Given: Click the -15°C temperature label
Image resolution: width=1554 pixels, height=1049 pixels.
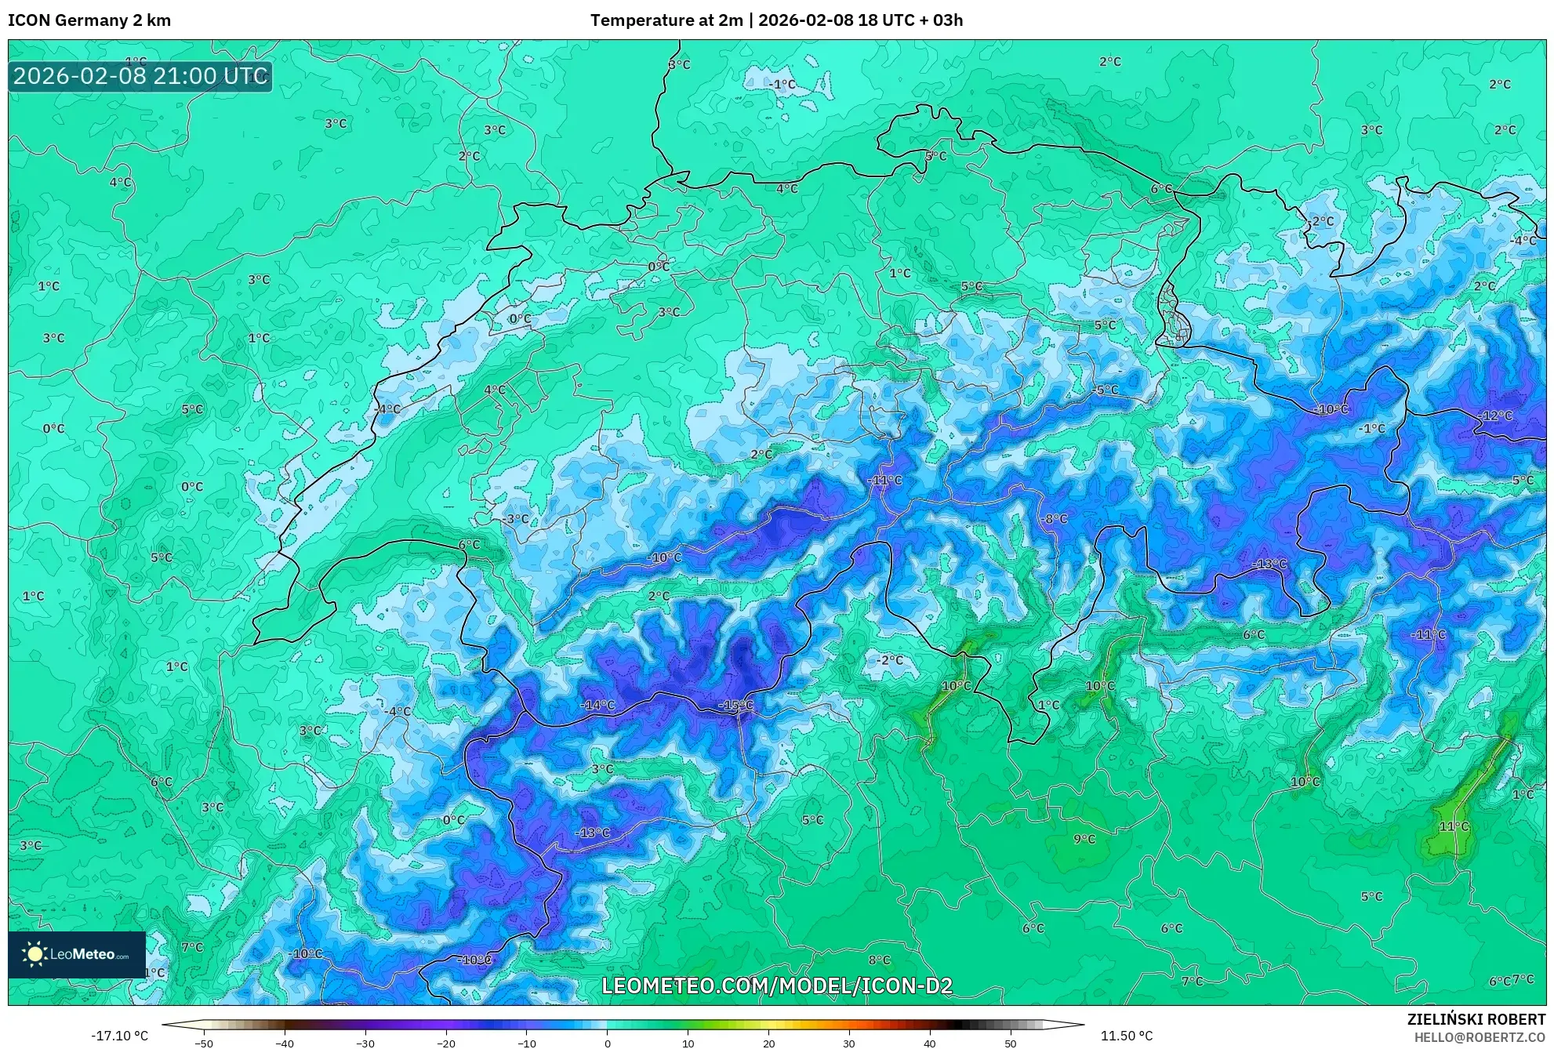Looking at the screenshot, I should point(735,706).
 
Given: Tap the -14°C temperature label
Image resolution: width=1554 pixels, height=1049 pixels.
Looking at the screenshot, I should point(597,706).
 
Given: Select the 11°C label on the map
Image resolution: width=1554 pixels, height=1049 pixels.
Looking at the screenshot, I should point(1454,826).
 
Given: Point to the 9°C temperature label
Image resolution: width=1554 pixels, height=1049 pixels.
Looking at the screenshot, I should point(1084,839).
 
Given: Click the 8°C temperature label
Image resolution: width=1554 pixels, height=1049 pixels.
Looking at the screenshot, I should point(879,960).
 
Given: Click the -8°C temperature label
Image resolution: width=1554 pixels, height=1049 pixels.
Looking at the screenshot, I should point(1055,518).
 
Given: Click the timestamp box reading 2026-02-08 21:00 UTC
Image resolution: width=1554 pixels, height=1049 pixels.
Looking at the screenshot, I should point(140,76).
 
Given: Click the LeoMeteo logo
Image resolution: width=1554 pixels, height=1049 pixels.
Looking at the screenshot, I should point(77,954).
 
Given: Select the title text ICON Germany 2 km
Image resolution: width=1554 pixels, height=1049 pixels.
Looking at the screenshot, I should point(89,20).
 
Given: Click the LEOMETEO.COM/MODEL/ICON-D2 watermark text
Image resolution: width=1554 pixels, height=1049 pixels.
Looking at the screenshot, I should point(777,985).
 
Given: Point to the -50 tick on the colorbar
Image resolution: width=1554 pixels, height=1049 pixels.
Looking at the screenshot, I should point(204,1044).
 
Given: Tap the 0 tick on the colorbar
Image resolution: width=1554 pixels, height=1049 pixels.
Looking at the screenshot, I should point(607,1044).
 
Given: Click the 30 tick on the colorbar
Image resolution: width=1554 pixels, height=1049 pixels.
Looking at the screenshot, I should point(849,1044).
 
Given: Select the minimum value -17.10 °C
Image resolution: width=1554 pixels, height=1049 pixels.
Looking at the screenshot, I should point(119,1036).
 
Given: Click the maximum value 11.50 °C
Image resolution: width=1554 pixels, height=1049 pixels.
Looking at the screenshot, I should point(1126,1036).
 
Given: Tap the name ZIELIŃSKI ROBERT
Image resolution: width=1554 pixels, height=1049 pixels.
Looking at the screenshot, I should point(1476,1019).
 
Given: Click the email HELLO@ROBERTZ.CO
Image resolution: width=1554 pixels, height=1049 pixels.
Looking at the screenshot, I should point(1480,1036).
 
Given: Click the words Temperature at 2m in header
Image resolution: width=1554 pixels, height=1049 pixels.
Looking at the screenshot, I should point(666,20).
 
